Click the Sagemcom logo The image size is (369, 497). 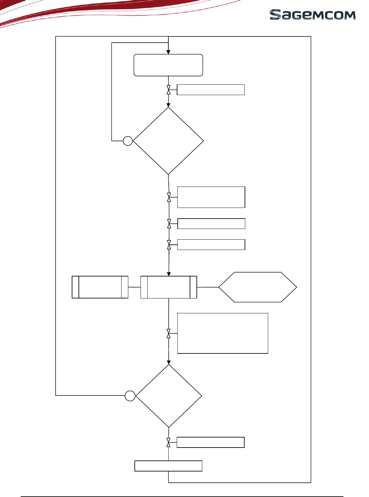click(x=312, y=15)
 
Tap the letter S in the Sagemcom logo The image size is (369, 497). click(x=275, y=15)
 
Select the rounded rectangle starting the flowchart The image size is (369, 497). click(x=168, y=65)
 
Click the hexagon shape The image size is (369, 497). click(x=258, y=287)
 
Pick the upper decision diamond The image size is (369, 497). click(x=168, y=141)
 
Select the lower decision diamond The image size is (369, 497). click(x=169, y=396)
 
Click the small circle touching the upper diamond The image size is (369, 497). click(x=128, y=141)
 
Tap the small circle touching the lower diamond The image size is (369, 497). click(x=130, y=396)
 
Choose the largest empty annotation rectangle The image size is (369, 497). click(x=223, y=333)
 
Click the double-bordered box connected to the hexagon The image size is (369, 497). click(x=169, y=287)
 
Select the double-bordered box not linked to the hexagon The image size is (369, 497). click(x=100, y=287)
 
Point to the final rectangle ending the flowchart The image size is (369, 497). click(x=168, y=466)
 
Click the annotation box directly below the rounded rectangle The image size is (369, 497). click(x=211, y=90)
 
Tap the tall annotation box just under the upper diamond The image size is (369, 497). click(x=211, y=197)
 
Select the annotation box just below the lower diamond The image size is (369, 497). click(x=210, y=442)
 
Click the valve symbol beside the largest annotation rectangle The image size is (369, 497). click(x=169, y=334)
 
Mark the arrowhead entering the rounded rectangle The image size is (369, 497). click(x=168, y=52)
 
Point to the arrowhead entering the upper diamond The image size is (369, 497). click(x=168, y=105)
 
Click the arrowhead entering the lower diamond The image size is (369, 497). click(x=169, y=362)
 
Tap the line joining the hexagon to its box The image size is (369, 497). click(x=208, y=287)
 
